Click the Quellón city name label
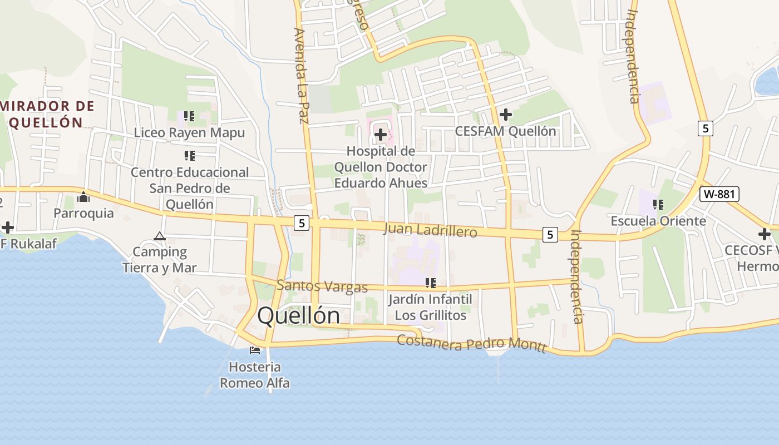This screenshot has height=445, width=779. [x=298, y=315]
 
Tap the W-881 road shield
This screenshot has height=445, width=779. [x=719, y=194]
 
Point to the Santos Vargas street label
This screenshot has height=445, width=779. [x=322, y=286]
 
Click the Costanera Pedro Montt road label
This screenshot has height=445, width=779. [x=471, y=343]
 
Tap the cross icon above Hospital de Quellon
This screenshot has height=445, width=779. [x=381, y=135]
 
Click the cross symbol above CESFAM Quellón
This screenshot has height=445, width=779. [x=505, y=115]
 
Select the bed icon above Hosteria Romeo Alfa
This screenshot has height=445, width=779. [x=255, y=350]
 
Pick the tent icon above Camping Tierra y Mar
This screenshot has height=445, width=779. [x=160, y=236]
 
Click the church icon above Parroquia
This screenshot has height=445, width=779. [x=83, y=197]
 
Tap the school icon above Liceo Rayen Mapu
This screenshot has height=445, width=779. [x=189, y=116]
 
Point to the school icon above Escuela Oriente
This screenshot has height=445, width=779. [x=658, y=205]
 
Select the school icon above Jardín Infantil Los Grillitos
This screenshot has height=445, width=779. [x=430, y=283]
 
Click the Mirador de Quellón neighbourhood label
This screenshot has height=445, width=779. [x=47, y=114]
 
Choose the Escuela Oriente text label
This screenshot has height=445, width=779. [x=658, y=221]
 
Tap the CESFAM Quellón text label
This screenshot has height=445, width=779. [x=505, y=131]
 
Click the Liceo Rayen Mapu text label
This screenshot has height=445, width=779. [x=189, y=133]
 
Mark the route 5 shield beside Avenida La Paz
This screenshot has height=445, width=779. [x=302, y=222]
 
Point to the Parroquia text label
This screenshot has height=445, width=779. [x=83, y=213]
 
